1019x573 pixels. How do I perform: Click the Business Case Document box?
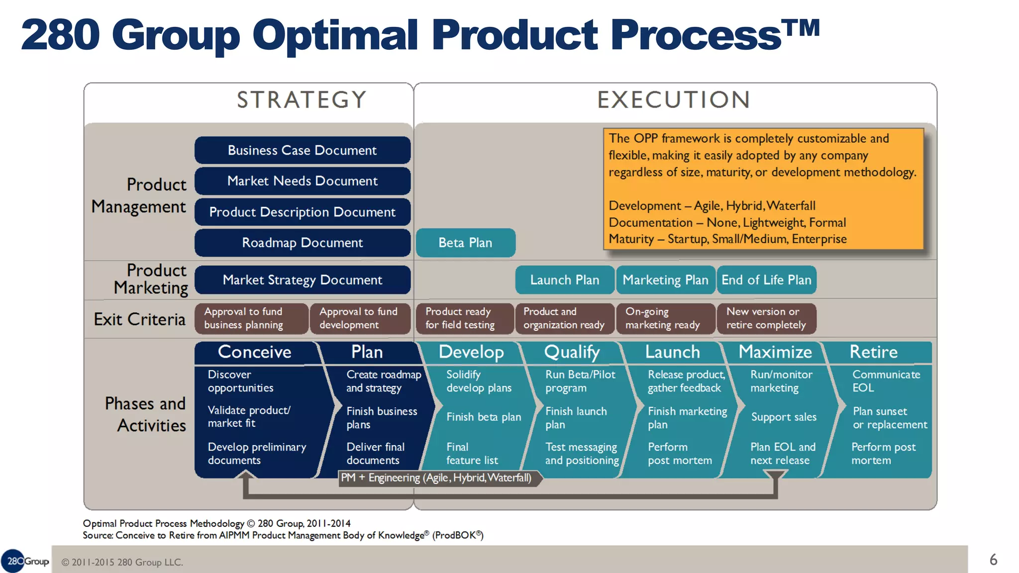(x=302, y=150)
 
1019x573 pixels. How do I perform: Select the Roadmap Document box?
(x=302, y=243)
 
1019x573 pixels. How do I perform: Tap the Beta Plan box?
(x=465, y=243)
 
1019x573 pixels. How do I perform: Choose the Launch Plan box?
(x=565, y=280)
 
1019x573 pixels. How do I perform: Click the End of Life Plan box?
(x=766, y=280)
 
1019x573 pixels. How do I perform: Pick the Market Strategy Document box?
(x=302, y=280)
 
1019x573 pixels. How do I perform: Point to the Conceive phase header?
(x=254, y=352)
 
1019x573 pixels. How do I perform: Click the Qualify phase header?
(x=572, y=352)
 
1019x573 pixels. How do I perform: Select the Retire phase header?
(x=873, y=352)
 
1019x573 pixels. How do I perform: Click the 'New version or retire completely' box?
(x=766, y=318)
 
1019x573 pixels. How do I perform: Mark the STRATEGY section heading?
(x=302, y=100)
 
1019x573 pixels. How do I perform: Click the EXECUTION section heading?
(x=674, y=100)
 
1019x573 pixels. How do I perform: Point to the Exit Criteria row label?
(x=140, y=319)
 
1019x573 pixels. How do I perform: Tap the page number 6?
(x=993, y=560)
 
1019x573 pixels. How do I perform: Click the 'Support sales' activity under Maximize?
(x=784, y=417)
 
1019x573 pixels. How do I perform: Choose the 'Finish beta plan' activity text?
(x=484, y=417)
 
